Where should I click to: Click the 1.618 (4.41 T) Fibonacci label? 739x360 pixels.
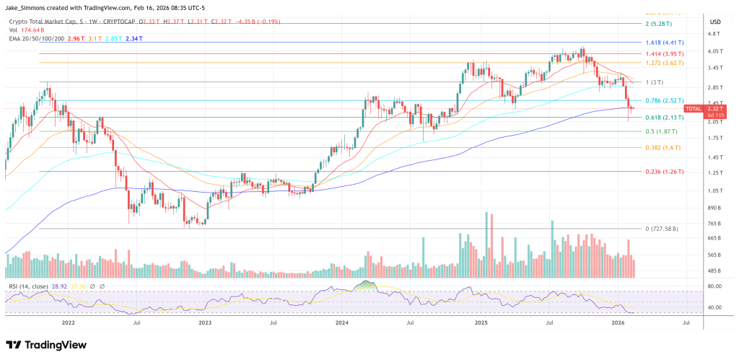point(663,43)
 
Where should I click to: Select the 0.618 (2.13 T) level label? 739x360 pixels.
point(663,118)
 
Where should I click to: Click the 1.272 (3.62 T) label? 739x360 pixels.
point(663,63)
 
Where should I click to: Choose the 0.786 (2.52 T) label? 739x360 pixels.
point(663,100)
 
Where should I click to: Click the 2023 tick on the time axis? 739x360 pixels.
point(205,324)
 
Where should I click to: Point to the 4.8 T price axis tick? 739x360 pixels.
point(715,34)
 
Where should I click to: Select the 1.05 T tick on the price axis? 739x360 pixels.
point(715,190)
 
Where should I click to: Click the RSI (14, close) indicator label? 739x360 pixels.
point(29,286)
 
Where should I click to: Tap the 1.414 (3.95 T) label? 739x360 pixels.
point(663,53)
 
